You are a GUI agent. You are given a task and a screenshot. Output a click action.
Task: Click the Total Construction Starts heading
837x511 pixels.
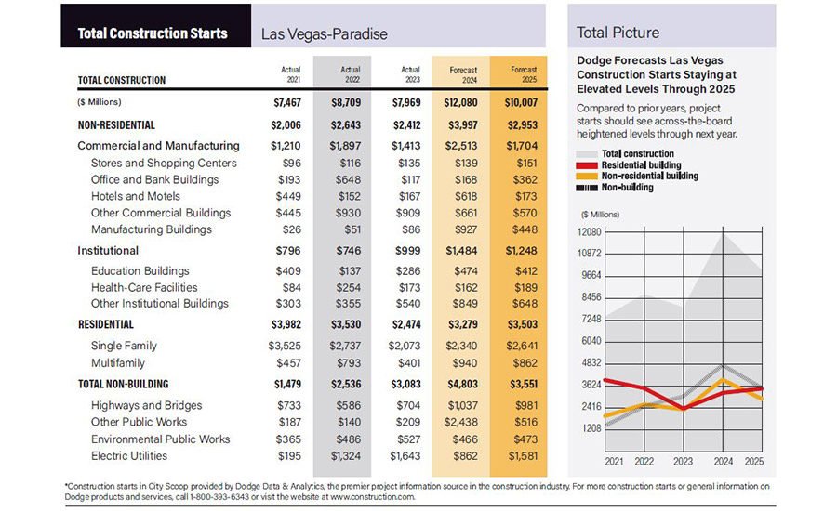tap(153, 33)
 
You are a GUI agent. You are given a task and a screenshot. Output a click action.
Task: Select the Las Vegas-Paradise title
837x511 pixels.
tap(324, 34)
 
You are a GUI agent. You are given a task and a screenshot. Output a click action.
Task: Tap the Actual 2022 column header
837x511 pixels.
tap(350, 74)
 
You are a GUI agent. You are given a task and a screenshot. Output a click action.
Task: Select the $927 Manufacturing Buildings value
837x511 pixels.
tap(469, 229)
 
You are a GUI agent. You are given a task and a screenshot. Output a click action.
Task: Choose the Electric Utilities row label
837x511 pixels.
tap(129, 455)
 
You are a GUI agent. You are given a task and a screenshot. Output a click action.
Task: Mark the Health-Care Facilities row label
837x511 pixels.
tap(144, 287)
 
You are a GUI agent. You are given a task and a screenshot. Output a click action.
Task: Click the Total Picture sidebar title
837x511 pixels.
tap(618, 33)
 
